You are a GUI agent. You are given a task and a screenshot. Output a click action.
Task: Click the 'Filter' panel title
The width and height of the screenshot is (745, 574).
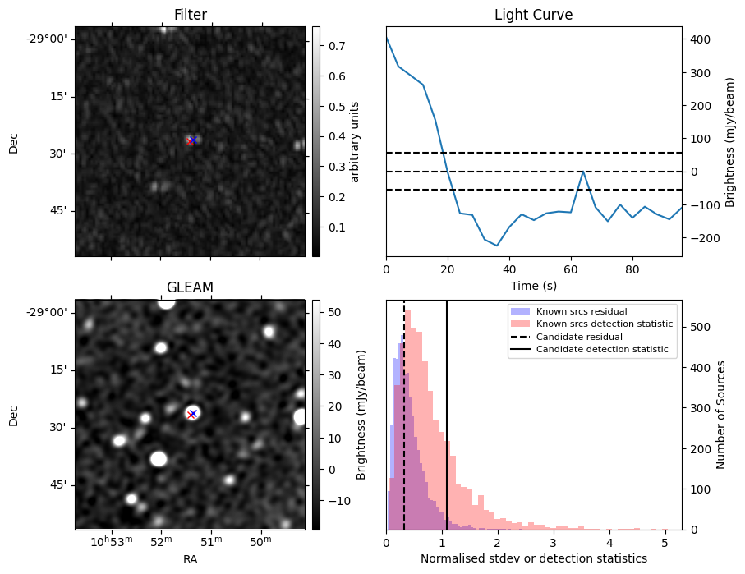(190, 15)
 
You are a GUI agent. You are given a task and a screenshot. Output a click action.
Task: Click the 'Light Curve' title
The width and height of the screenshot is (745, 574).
(533, 15)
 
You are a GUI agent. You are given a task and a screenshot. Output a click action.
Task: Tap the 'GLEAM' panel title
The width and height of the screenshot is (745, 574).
(190, 287)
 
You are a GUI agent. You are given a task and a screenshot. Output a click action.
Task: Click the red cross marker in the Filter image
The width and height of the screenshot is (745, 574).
(191, 140)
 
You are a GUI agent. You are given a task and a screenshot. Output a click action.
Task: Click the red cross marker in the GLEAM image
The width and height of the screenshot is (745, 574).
(191, 414)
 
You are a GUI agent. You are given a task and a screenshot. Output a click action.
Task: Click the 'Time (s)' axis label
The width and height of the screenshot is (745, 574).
(533, 284)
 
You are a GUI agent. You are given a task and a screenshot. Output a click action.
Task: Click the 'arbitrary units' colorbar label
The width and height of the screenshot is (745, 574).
(355, 141)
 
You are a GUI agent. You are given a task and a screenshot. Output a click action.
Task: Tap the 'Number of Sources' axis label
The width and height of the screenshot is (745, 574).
(720, 415)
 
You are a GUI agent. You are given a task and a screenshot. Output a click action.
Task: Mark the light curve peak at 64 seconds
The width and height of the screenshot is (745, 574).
(582, 172)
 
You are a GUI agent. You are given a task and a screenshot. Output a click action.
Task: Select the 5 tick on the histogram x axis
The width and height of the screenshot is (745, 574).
(665, 542)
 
